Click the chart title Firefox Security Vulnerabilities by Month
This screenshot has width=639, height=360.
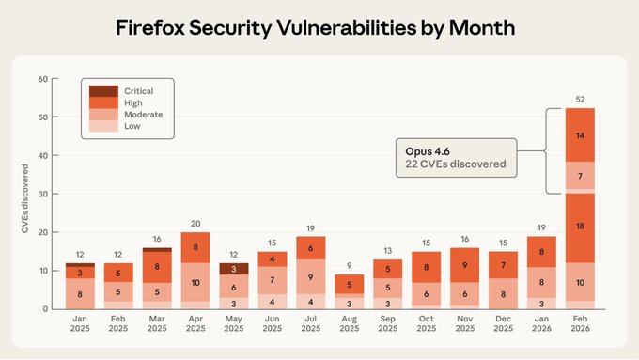coord(316,27)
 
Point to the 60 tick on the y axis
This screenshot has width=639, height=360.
coord(42,78)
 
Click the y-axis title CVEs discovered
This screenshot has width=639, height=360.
coord(25,194)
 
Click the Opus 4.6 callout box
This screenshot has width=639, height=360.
coord(456,157)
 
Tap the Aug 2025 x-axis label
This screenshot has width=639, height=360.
coord(350,323)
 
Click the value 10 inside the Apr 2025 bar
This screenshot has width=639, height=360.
coord(195,282)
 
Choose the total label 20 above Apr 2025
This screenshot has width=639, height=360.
coord(195,224)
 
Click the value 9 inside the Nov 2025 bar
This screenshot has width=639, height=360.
coord(464,266)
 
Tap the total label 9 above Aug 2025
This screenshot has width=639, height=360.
coord(350,266)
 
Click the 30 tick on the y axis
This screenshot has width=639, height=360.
coord(42,194)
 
